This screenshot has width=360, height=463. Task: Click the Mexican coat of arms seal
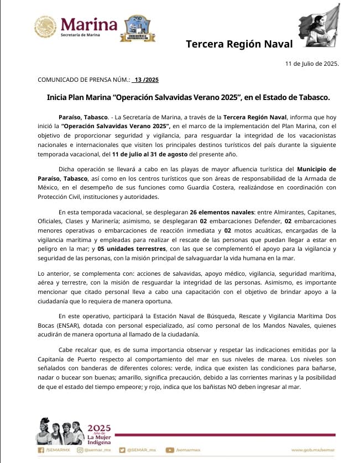point(45,26)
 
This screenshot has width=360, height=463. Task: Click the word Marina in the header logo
point(89,24)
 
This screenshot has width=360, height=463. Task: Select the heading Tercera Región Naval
point(239,44)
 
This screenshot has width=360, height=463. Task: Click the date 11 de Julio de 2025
point(312,64)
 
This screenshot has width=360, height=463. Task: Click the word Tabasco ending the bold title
point(312,97)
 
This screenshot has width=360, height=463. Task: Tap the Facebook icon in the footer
point(40,450)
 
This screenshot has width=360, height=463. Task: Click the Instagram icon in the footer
point(80,450)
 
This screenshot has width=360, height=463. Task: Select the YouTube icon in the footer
point(170,450)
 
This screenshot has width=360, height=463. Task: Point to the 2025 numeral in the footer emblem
point(100,428)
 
